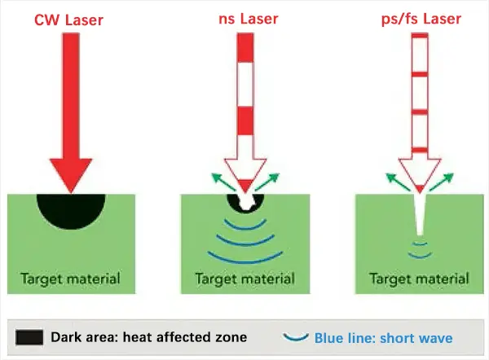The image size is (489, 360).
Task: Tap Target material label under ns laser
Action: (246, 279)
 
